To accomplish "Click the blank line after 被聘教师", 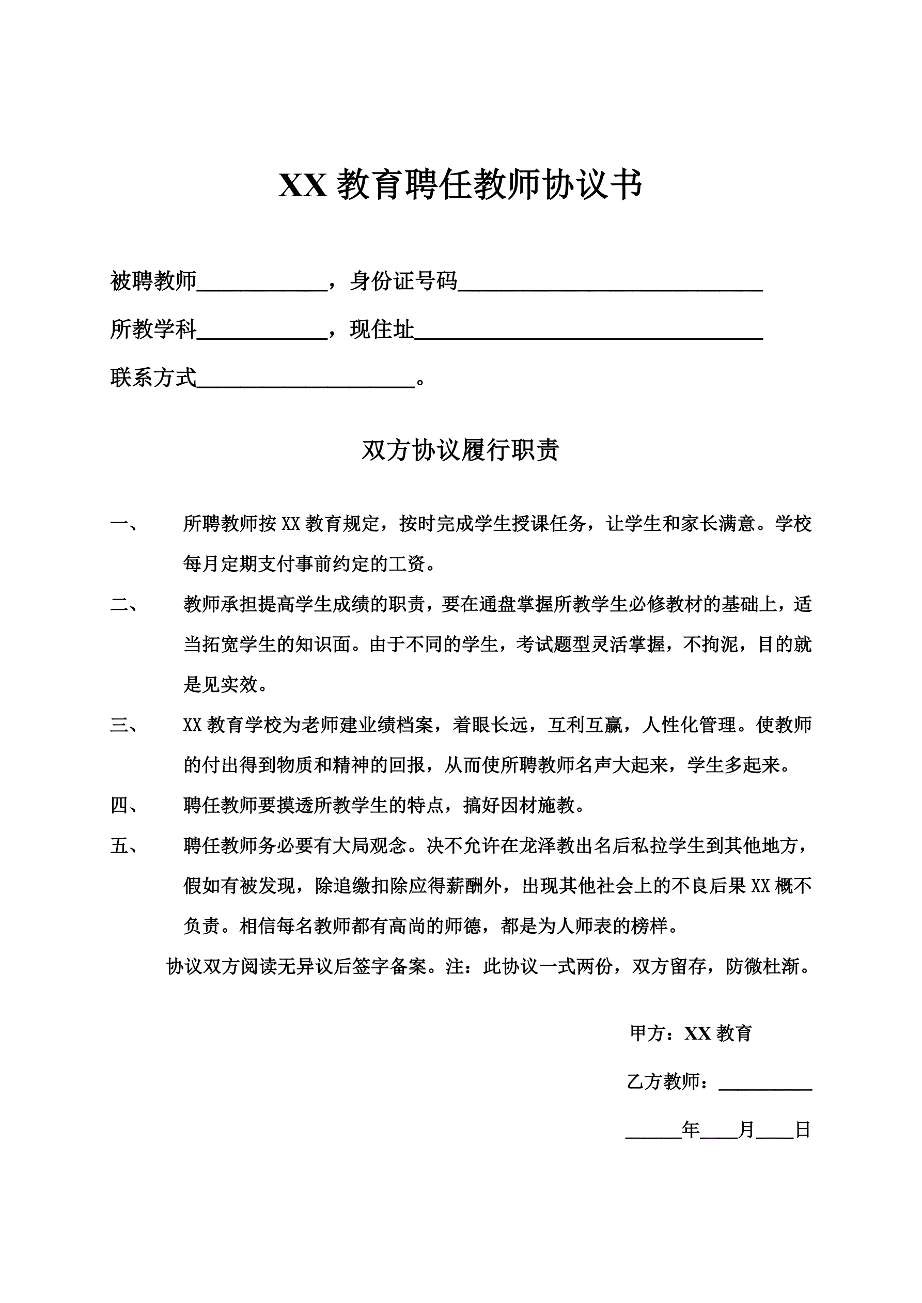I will (x=262, y=284).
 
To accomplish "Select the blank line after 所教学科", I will (x=262, y=332).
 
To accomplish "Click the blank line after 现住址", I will (x=588, y=332).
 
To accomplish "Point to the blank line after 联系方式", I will (x=305, y=380).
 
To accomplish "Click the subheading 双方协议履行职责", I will (x=460, y=450).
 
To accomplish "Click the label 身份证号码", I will (x=403, y=281).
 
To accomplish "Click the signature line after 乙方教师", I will (x=765, y=1084).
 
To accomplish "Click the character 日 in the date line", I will (x=802, y=1130).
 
